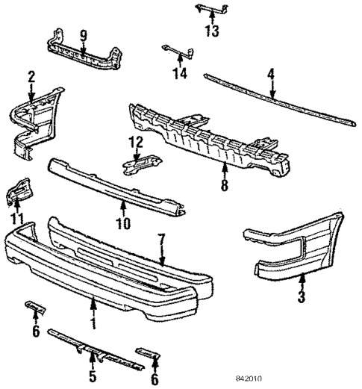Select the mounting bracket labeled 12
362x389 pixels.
140,161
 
